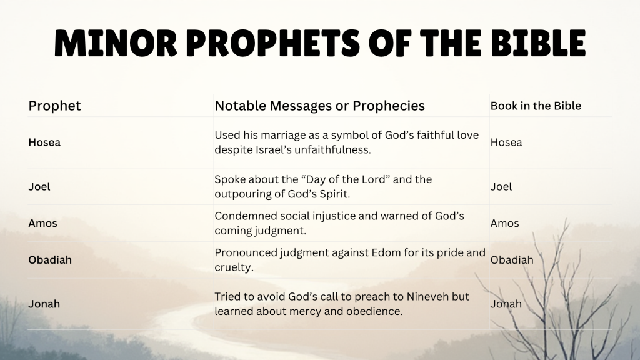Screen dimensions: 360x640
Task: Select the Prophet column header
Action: (54, 106)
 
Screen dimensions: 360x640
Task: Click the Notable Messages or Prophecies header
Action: (319, 106)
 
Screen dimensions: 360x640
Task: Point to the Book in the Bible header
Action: (536, 106)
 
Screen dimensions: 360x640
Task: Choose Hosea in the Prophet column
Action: (44, 142)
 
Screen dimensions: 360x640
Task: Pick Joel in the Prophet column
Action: (39, 186)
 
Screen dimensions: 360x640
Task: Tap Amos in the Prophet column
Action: (42, 223)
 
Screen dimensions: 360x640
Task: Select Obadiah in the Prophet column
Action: (50, 259)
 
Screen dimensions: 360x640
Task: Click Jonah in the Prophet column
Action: (44, 304)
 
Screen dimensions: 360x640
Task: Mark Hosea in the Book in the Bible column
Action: (506, 142)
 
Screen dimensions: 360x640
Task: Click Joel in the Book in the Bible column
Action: (501, 186)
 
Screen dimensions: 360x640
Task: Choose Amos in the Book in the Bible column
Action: (504, 223)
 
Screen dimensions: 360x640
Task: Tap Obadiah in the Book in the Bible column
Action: (512, 259)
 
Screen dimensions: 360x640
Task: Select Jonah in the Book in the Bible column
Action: (506, 304)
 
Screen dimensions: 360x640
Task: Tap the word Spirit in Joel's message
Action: (333, 194)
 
